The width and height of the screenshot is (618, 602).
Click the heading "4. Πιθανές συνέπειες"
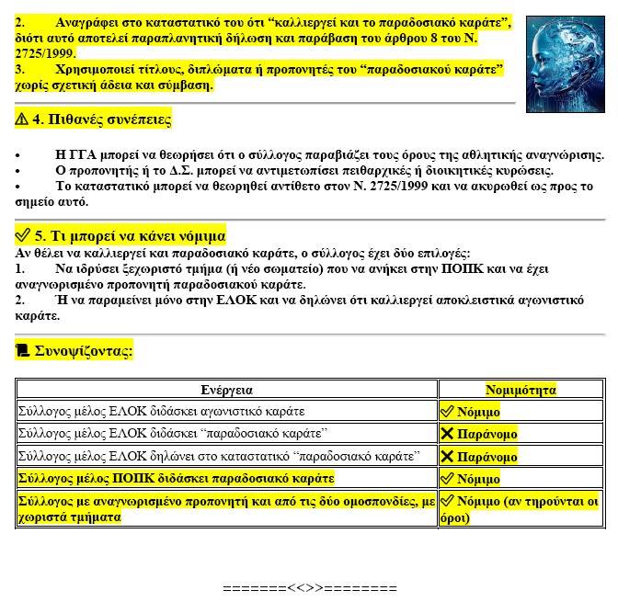pyautogui.click(x=101, y=120)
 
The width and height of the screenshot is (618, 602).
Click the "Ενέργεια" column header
pyautogui.click(x=227, y=390)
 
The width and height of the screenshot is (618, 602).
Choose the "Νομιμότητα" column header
pyautogui.click(x=521, y=390)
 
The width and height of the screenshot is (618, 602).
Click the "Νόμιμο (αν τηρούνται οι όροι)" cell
pyautogui.click(x=520, y=509)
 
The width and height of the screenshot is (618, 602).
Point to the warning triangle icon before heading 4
pyautogui.click(x=23, y=120)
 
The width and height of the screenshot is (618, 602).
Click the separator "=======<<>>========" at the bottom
pyautogui.click(x=309, y=587)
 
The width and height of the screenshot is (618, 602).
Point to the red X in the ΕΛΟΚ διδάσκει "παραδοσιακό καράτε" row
pyautogui.click(x=448, y=434)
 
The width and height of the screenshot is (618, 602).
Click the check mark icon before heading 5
pyautogui.click(x=23, y=236)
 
